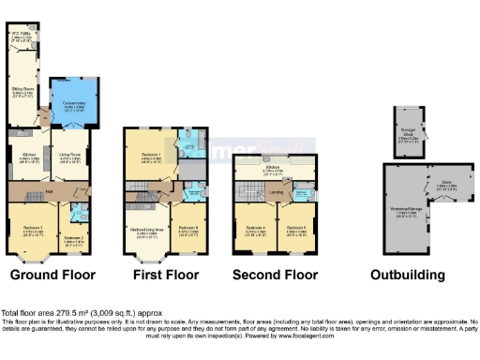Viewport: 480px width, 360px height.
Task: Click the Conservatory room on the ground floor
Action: [x=71, y=106]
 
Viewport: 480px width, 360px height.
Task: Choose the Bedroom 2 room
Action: [x=74, y=237]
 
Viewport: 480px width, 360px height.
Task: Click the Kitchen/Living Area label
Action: [x=149, y=228]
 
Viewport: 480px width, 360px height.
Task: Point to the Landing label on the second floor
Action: [x=277, y=192]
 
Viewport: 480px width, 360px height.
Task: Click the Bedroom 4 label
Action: [x=255, y=228]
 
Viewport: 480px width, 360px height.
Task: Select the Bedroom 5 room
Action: [x=298, y=228]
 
